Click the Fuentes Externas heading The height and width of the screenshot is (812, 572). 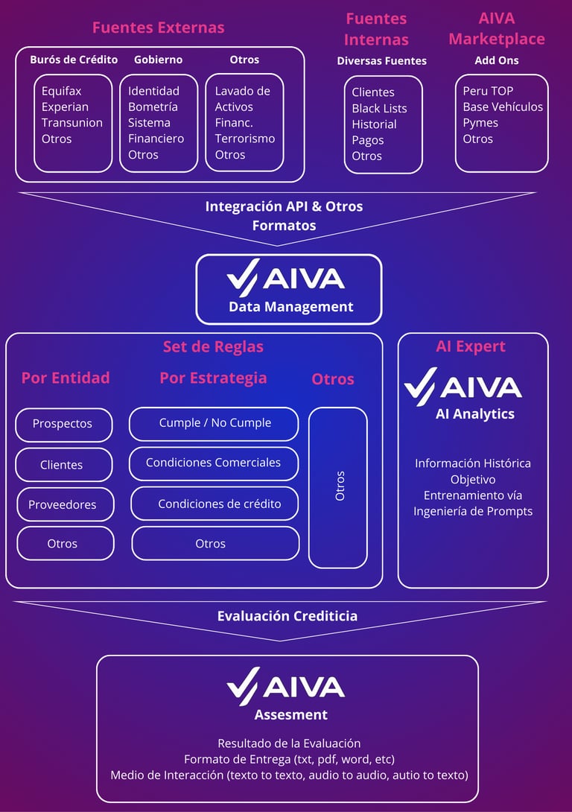click(158, 28)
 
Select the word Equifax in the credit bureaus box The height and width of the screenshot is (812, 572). click(61, 91)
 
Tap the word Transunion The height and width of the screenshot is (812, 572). click(72, 123)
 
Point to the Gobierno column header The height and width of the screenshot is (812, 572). click(158, 60)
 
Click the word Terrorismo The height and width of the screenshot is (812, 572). click(245, 139)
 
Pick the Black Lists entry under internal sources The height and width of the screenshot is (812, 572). click(379, 108)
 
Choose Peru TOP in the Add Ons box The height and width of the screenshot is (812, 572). click(488, 91)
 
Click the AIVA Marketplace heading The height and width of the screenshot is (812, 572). click(496, 28)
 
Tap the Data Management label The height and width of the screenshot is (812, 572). click(290, 306)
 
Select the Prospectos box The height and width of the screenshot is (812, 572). click(63, 424)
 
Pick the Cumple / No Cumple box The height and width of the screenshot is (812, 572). click(214, 423)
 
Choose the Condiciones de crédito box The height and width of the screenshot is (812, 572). click(215, 504)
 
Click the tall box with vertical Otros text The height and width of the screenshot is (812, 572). click(338, 486)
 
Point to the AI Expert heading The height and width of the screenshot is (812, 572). click(471, 346)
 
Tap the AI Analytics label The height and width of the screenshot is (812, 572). click(474, 413)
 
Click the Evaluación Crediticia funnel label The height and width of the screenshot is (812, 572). click(287, 616)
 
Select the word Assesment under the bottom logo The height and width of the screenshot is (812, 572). click(290, 714)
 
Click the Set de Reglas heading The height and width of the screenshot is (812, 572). click(213, 346)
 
